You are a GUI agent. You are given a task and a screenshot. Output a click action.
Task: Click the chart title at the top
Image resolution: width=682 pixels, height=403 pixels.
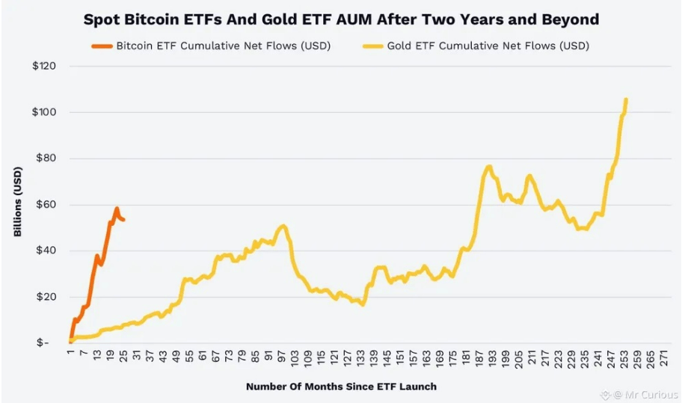point(341,19)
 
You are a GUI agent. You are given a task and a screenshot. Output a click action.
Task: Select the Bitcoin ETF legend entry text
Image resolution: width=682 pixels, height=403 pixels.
point(223,46)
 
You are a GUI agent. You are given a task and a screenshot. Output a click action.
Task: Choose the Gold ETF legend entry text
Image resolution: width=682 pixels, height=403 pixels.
point(488,46)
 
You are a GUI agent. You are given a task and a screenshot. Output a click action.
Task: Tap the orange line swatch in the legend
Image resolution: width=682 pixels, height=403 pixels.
point(102,46)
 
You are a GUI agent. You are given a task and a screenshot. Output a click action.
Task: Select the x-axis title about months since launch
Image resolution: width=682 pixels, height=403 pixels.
point(341,387)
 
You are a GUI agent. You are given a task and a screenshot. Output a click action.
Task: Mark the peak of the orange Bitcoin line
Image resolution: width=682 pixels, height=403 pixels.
point(117,209)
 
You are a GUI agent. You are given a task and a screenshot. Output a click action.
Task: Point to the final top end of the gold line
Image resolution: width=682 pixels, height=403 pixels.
point(625,99)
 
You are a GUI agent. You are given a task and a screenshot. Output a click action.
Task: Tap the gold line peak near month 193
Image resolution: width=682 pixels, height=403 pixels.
point(489,166)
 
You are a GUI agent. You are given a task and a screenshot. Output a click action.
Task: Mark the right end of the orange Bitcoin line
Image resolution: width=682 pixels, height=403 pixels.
point(123,220)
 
